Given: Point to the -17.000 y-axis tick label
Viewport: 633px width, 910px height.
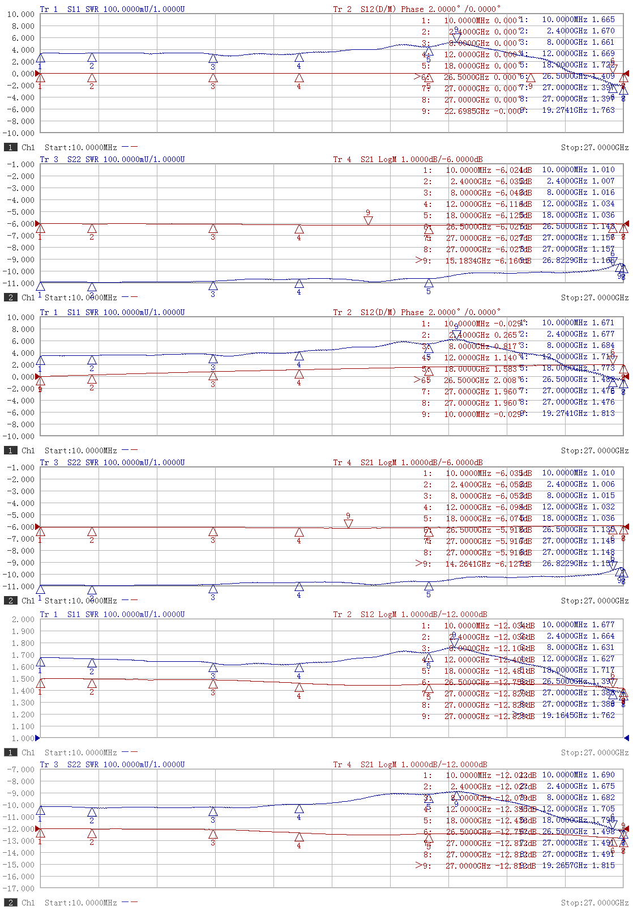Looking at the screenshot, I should [21, 888].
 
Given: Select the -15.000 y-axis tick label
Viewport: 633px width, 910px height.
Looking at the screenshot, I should [21, 865].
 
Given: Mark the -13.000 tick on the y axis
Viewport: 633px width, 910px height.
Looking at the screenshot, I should [21, 841].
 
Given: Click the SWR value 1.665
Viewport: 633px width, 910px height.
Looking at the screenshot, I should [603, 19].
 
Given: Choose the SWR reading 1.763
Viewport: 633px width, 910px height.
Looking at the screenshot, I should [603, 110].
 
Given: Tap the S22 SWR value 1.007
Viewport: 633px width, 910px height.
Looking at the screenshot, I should [603, 181].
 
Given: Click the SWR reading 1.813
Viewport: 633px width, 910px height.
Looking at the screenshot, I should [603, 413].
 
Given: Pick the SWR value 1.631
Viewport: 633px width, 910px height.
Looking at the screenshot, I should [603, 647].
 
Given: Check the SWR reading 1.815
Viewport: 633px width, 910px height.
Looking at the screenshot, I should [603, 865].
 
